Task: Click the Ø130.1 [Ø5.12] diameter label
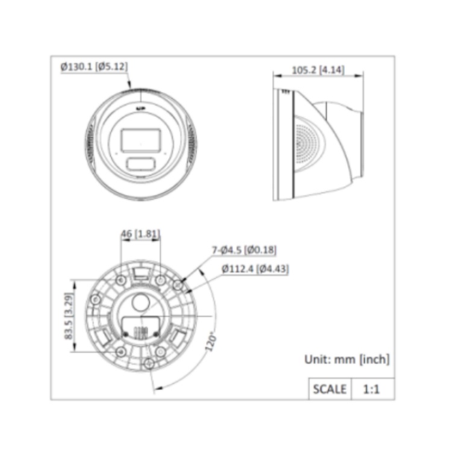94,67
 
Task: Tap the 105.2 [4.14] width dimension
318,70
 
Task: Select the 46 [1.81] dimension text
140,233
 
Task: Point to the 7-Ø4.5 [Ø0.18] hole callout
244,250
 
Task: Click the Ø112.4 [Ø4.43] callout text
255,269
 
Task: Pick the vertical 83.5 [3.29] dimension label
69,316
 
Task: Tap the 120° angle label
211,342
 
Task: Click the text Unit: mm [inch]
347,359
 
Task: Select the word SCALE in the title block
330,389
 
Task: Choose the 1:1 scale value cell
371,389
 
